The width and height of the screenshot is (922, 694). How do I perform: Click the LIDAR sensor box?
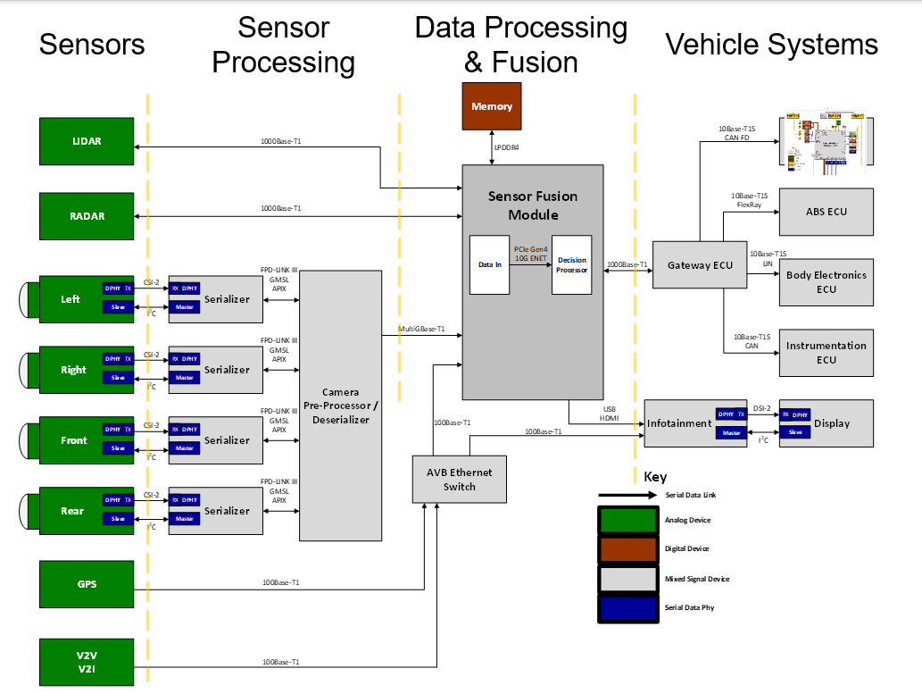(87, 141)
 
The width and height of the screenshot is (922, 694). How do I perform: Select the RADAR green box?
(87, 216)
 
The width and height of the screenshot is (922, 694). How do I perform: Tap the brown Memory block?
(492, 106)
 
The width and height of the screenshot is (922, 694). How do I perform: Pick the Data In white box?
(489, 264)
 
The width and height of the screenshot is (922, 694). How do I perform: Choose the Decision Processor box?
(571, 264)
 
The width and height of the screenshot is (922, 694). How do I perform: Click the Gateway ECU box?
(699, 265)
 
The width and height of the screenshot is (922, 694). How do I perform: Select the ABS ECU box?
(826, 212)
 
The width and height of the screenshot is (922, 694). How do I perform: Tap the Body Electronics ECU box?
(826, 282)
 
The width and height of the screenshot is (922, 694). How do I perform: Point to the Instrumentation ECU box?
(826, 353)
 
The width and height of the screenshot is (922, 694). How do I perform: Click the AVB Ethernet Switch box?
(459, 479)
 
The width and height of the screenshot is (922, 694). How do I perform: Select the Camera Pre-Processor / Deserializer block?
(340, 406)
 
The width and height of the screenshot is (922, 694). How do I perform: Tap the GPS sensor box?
(87, 584)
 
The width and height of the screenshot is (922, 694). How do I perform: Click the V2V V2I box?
(87, 662)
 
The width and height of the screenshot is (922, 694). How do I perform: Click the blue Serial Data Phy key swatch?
(627, 608)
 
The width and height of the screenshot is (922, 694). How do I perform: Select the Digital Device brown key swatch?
(627, 548)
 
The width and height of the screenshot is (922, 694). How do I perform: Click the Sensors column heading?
(92, 44)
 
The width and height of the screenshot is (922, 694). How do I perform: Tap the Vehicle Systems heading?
(771, 44)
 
